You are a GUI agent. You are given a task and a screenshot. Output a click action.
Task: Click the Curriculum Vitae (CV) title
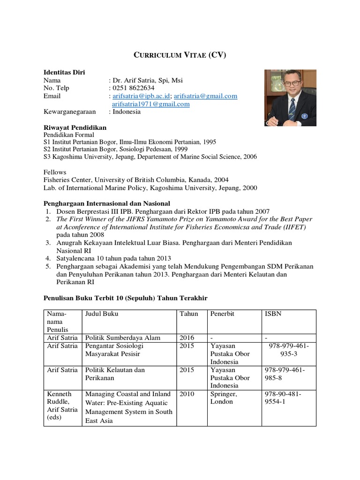click(180, 55)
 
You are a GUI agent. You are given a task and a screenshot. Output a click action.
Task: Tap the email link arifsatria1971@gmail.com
click(150, 104)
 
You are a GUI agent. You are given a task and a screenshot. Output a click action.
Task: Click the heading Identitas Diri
click(64, 72)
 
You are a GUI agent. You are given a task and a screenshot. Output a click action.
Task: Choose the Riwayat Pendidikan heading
click(75, 127)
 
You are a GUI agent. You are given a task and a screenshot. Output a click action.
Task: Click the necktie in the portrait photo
click(292, 109)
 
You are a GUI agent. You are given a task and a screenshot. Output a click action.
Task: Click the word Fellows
click(55, 172)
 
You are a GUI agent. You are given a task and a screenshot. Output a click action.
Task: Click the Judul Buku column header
click(102, 314)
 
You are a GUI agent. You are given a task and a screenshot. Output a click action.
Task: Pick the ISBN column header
click(273, 314)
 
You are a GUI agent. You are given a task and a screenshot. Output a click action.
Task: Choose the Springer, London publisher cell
click(224, 398)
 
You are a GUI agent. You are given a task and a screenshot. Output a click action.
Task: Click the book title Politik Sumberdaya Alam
click(123, 338)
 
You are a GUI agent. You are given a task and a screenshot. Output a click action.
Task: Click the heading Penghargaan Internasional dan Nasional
click(107, 203)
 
